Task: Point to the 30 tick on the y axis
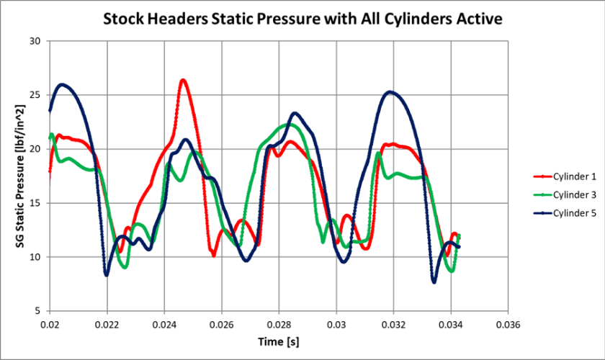pyautogui.click(x=33, y=40)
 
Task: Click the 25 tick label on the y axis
pyautogui.click(x=33, y=94)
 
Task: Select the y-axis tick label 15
pyautogui.click(x=33, y=203)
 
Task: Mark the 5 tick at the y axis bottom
pyautogui.click(x=36, y=311)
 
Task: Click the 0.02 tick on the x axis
pyautogui.click(x=49, y=325)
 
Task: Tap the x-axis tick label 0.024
pyautogui.click(x=164, y=325)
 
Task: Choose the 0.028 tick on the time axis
pyautogui.click(x=279, y=325)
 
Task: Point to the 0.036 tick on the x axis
pyautogui.click(x=508, y=325)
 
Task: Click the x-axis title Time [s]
pyautogui.click(x=279, y=342)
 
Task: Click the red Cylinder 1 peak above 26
pyautogui.click(x=183, y=80)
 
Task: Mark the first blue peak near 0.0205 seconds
pyautogui.click(x=63, y=84)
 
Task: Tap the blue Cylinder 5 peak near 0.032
pyautogui.click(x=390, y=91)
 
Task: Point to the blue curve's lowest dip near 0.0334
pyautogui.click(x=434, y=282)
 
